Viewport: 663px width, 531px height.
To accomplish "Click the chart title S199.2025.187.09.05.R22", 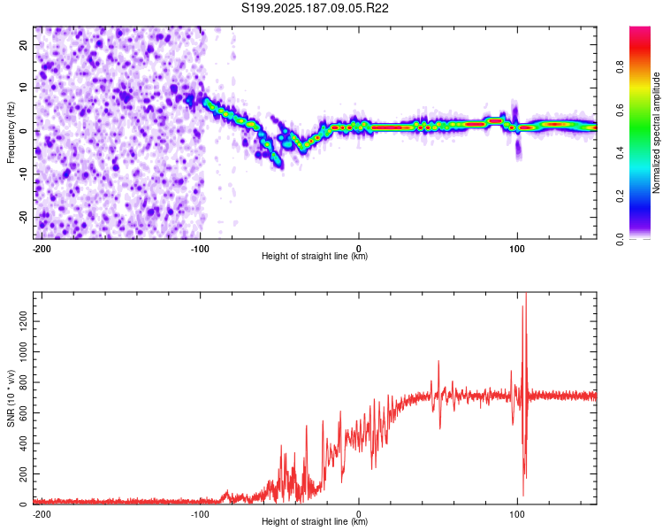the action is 315,8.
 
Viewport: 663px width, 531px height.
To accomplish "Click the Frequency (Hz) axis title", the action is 11,133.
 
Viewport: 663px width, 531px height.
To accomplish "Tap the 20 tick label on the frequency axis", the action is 23,45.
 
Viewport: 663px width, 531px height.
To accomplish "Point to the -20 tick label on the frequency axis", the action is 23,218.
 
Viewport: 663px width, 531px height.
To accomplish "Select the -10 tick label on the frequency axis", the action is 23,174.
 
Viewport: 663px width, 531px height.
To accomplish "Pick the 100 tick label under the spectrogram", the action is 517,249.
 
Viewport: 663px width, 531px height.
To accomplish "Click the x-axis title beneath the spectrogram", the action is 315,256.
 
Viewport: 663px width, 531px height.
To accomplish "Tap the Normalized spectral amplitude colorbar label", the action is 656,133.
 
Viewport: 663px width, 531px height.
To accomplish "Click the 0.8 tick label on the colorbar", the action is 620,67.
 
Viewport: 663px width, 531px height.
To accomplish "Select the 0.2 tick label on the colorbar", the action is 620,196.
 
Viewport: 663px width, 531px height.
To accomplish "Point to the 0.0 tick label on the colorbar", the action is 620,239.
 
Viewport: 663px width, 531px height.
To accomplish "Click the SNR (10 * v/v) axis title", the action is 11,398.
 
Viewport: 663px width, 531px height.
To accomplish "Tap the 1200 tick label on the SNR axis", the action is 23,321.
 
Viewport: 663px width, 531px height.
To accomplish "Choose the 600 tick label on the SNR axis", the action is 23,413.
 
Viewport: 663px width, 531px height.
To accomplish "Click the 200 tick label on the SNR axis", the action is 23,474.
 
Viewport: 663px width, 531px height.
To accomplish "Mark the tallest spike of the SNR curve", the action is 526,294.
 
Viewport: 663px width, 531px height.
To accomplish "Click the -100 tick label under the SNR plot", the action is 200,514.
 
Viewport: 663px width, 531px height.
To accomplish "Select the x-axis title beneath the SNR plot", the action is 315,521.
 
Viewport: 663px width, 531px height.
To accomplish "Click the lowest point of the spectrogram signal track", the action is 280,166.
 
